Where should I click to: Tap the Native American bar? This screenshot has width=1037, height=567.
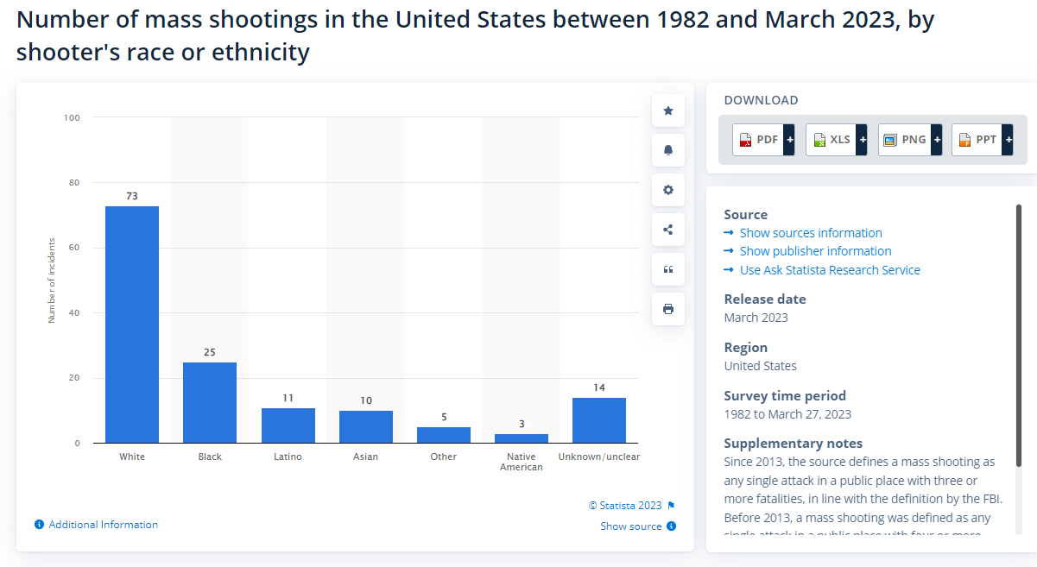522,438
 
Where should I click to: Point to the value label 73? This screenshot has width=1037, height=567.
132,196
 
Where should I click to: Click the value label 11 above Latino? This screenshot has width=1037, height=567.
288,398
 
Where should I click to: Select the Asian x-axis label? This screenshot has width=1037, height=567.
365,457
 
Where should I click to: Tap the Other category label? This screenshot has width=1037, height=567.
443,457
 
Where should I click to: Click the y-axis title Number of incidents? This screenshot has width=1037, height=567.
52,280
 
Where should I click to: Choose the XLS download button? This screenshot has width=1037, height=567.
836,139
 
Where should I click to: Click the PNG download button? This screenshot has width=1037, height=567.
909,139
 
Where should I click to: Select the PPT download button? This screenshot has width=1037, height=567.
982,139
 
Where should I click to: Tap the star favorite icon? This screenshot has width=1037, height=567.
668,110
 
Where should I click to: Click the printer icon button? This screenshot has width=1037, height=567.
668,309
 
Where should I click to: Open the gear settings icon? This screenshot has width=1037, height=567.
668,190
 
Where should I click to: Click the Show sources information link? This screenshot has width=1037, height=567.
810,233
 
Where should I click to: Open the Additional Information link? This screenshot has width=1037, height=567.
103,525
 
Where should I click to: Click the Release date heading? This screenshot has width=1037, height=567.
765,299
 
